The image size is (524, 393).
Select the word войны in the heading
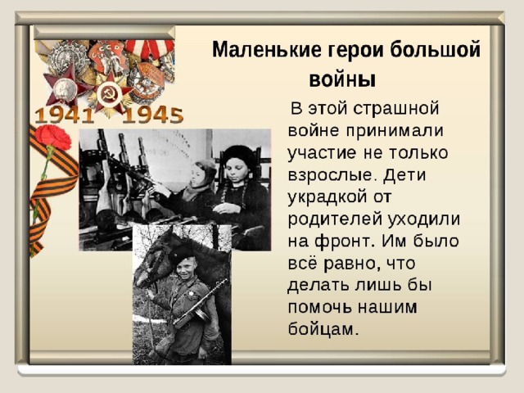point(342,80)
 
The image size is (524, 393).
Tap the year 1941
point(65,115)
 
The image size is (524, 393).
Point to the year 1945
point(153,115)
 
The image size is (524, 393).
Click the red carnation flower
point(52,138)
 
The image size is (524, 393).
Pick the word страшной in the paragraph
point(395,109)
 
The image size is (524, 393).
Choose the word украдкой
point(327,197)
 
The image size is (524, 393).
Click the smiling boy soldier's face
point(185,267)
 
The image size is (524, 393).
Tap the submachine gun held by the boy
point(200,304)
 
